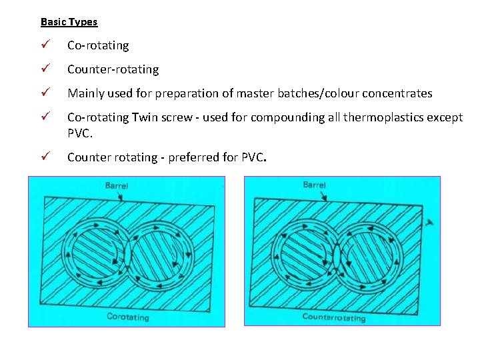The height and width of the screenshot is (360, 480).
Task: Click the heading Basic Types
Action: [69, 22]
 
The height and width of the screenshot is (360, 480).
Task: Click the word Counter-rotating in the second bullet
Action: [113, 69]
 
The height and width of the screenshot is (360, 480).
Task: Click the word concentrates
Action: [399, 93]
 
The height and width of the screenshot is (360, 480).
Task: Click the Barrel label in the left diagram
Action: [117, 185]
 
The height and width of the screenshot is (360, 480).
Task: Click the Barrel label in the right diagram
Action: [314, 185]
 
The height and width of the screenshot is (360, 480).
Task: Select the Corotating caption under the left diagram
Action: [128, 317]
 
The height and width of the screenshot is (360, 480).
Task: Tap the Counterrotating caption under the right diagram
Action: [334, 317]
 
